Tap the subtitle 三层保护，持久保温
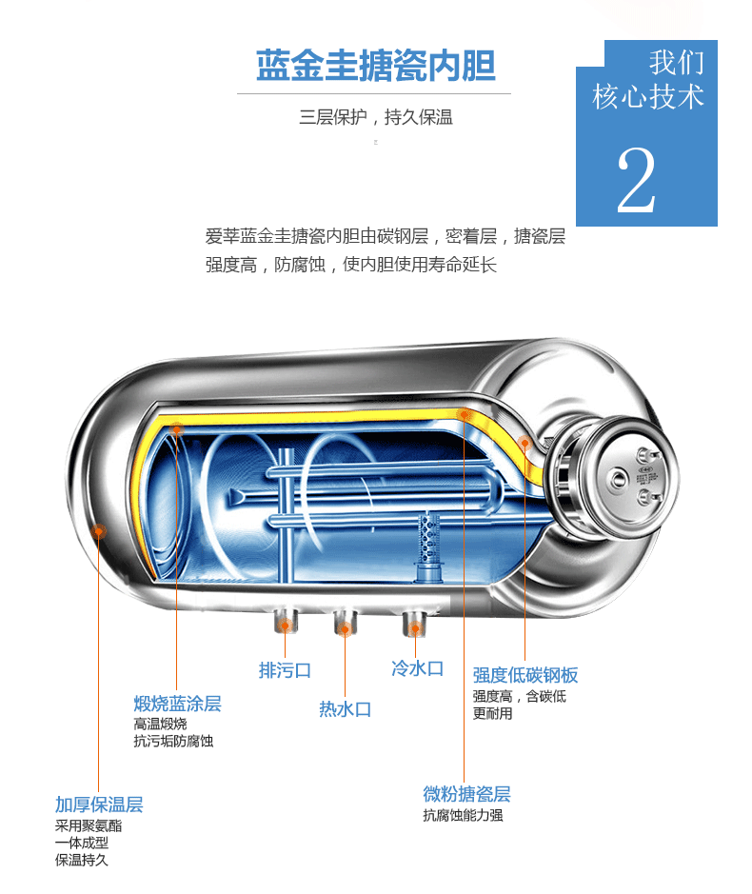[375, 118]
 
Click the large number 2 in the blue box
[636, 181]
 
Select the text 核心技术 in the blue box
[648, 96]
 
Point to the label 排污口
[285, 670]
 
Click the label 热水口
[345, 709]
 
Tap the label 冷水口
[417, 668]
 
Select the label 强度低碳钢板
[525, 675]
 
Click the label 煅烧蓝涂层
[177, 704]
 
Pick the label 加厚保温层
[99, 805]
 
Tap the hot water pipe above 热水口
[344, 624]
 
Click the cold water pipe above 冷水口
[414, 623]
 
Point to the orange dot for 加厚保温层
[98, 531]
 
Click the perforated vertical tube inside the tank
[430, 537]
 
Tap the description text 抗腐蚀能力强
[463, 816]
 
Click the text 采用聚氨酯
[89, 825]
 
